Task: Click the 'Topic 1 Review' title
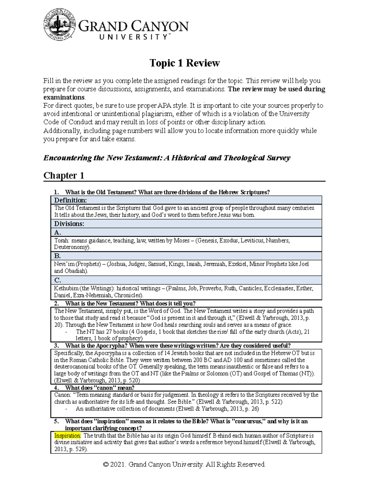(184, 63)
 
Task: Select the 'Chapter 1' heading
(64, 175)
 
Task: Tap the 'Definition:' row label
(70, 200)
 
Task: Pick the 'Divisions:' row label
(69, 224)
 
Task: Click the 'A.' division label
(58, 232)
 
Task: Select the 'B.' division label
(58, 256)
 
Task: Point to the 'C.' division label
(58, 280)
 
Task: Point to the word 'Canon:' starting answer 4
(62, 395)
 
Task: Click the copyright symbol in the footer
(106, 464)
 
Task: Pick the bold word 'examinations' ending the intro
(64, 98)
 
